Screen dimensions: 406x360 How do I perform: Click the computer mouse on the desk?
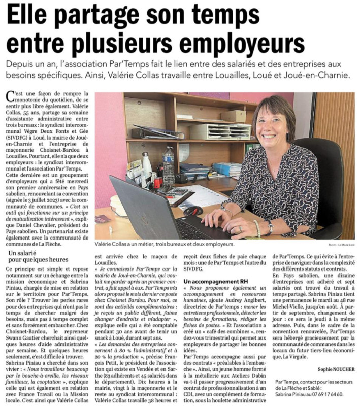(193, 210)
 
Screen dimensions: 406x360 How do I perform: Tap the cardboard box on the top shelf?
(233, 115)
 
